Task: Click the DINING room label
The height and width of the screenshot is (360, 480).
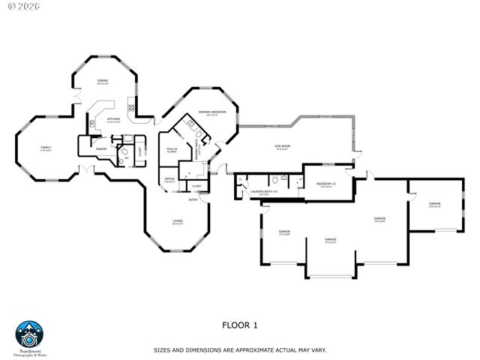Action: (103, 81)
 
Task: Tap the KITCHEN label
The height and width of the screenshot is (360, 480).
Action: (113, 119)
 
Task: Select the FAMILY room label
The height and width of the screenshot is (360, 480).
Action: (46, 148)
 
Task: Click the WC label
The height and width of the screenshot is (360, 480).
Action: (126, 157)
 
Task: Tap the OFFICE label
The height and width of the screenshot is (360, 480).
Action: (169, 178)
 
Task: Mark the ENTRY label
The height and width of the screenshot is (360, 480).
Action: (193, 199)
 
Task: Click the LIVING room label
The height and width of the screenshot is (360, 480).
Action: (178, 221)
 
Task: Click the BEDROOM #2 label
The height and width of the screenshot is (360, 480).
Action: (325, 184)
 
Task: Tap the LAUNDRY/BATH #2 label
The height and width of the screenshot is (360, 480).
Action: (264, 192)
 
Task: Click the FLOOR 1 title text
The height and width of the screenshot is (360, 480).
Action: (239, 325)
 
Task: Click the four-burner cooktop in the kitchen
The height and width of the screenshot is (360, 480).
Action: (132, 107)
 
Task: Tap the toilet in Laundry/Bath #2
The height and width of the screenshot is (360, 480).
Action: (277, 179)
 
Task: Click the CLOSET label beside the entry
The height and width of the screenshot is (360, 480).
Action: (196, 186)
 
